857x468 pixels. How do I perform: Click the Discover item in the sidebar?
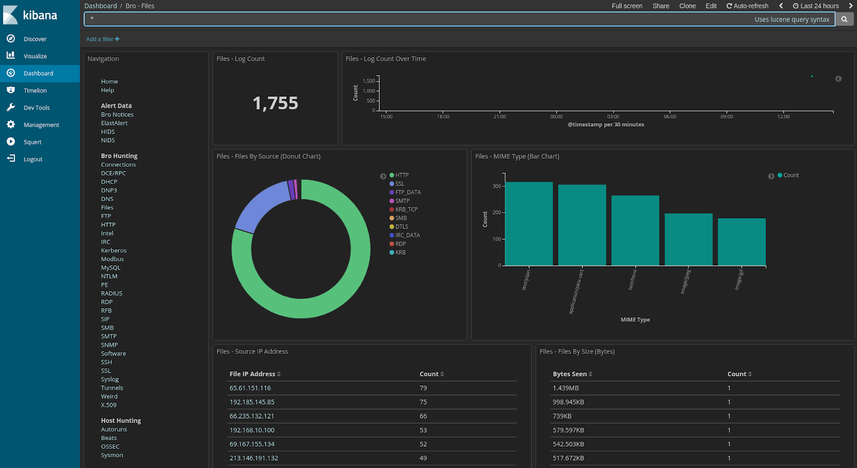pos(35,39)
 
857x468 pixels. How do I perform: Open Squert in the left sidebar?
pos(32,142)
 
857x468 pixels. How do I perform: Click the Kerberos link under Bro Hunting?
pos(114,250)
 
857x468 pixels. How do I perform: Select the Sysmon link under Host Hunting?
pos(112,455)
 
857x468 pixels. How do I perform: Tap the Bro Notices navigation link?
pos(117,115)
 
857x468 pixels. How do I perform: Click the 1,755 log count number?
pos(275,103)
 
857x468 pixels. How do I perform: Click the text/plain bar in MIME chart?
pos(529,224)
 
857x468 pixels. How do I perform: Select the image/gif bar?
pos(741,242)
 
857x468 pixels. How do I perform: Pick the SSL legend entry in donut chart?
pos(400,184)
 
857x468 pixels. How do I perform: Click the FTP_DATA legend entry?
pos(408,192)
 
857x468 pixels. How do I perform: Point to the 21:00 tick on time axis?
pos(499,116)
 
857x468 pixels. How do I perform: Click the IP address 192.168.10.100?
pos(252,430)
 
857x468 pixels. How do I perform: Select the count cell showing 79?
pos(423,388)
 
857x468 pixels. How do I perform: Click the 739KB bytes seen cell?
pos(562,416)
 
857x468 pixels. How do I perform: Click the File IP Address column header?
pos(252,374)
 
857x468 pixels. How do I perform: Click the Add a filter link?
pos(102,39)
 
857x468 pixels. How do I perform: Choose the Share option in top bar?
pos(660,6)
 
